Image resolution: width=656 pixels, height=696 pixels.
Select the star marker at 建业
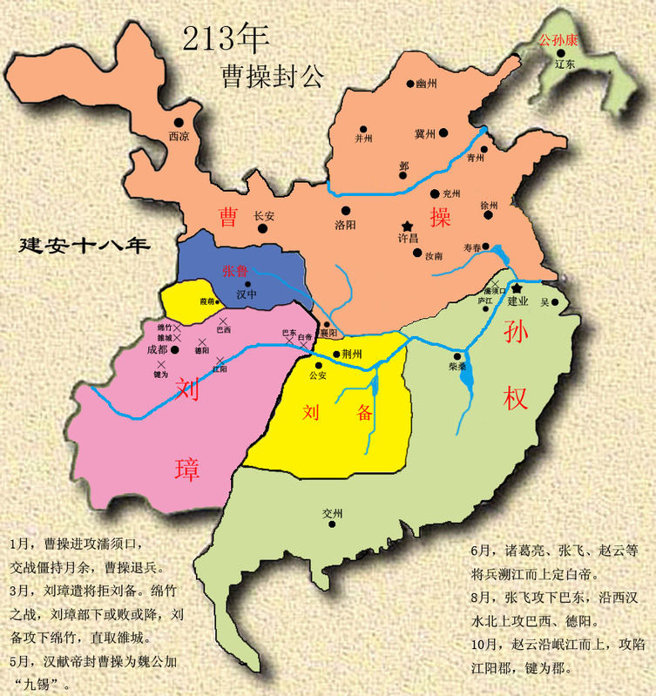tap(517, 287)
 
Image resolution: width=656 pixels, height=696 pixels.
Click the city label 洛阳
tap(346, 224)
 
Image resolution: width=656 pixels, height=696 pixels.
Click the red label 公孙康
tap(558, 39)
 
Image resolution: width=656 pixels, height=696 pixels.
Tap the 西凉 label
tap(179, 136)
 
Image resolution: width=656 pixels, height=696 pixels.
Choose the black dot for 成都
tap(174, 349)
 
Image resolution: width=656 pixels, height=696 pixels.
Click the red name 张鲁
tap(235, 271)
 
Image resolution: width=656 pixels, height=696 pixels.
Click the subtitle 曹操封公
tap(272, 76)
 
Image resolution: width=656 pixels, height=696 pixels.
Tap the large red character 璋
tap(186, 470)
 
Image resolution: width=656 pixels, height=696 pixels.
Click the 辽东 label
tap(565, 64)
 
